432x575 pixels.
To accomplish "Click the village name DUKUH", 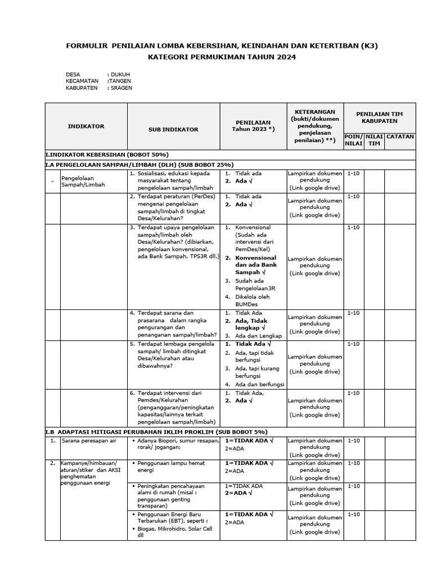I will [120, 74].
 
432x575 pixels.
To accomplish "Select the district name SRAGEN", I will [122, 88].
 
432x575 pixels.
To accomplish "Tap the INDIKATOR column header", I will [86, 126].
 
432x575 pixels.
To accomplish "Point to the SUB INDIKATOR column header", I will [173, 129].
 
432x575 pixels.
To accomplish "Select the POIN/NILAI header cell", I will [353, 140].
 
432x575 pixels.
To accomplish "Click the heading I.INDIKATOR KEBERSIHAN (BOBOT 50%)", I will [107, 154].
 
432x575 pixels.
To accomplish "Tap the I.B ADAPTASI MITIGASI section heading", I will [156, 432].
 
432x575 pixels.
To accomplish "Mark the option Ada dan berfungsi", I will [259, 385].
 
